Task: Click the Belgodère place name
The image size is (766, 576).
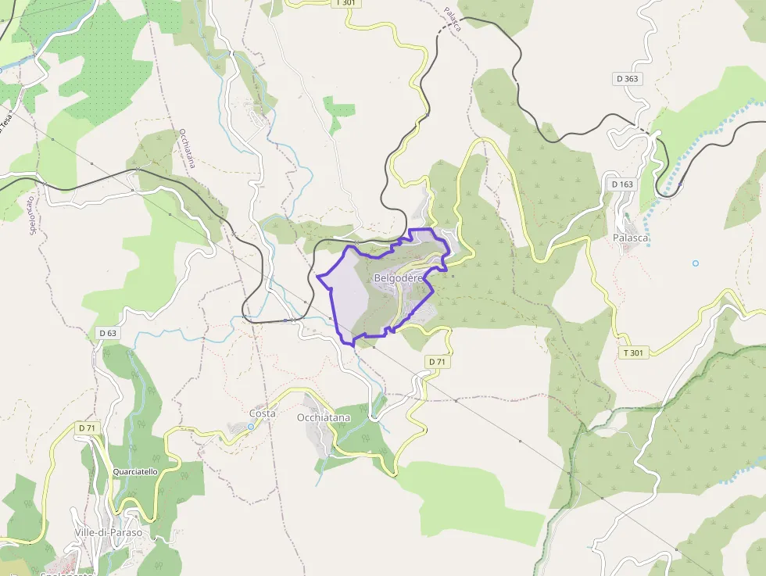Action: pyautogui.click(x=398, y=278)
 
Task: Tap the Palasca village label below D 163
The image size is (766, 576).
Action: pyautogui.click(x=632, y=238)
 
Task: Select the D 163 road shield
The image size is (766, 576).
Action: pyautogui.click(x=621, y=184)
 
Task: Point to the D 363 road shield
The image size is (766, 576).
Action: pyautogui.click(x=627, y=79)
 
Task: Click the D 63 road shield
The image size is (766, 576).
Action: pyautogui.click(x=108, y=333)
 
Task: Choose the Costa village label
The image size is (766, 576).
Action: pyautogui.click(x=263, y=413)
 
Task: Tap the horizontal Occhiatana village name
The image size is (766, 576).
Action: pyautogui.click(x=324, y=417)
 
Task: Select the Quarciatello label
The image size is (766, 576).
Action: pyautogui.click(x=135, y=472)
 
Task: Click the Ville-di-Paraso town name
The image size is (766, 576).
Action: pyautogui.click(x=109, y=532)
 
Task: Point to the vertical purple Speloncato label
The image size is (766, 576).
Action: pyautogui.click(x=34, y=213)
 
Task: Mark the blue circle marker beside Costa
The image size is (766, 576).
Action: pyautogui.click(x=251, y=427)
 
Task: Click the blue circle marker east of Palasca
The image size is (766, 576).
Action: pyautogui.click(x=696, y=263)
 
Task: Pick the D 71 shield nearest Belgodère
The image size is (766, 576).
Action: pyautogui.click(x=437, y=361)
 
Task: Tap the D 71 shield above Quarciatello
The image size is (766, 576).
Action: pyautogui.click(x=87, y=428)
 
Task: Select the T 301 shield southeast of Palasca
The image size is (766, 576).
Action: pyautogui.click(x=633, y=353)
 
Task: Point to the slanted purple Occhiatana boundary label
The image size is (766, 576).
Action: pyautogui.click(x=187, y=148)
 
